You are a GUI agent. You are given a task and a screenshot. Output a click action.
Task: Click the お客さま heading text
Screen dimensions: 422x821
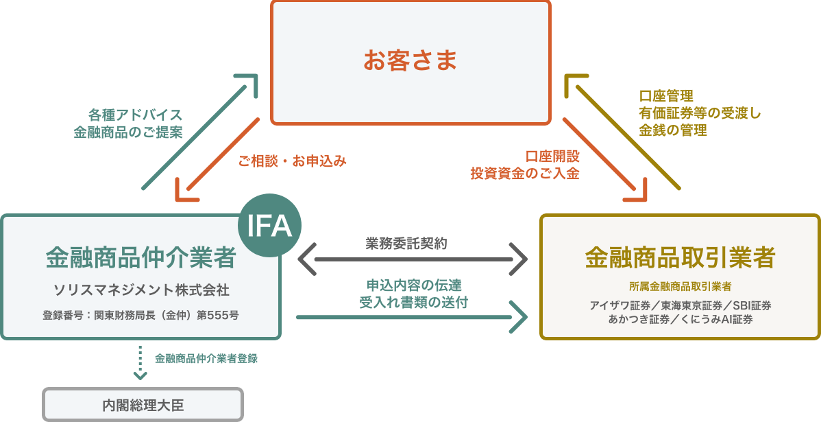(410, 61)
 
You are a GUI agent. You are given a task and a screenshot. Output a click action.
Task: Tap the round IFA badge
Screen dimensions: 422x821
(270, 226)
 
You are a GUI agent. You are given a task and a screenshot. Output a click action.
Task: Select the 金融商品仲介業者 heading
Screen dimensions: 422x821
(140, 258)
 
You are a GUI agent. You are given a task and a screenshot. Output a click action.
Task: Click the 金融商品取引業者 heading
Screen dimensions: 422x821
(680, 258)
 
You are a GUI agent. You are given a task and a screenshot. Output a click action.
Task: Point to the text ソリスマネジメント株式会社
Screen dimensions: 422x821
(141, 290)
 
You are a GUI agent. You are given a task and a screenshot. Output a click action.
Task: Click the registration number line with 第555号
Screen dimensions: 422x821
(140, 316)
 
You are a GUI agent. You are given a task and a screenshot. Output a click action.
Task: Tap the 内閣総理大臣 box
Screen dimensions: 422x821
(143, 405)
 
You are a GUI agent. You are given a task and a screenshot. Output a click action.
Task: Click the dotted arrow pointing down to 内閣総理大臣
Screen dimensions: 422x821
(140, 363)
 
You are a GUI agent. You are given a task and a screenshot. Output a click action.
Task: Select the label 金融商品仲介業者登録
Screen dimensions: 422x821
(206, 358)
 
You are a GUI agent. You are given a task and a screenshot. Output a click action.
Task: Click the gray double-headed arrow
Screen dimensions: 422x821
(413, 259)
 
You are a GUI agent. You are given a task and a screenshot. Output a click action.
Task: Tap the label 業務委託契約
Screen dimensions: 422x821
(406, 243)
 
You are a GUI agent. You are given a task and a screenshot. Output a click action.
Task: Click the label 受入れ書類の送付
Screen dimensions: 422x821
(414, 302)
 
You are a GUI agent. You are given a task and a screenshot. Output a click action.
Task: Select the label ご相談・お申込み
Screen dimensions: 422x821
(293, 162)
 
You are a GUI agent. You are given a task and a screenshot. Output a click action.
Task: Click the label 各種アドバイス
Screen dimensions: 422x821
(136, 114)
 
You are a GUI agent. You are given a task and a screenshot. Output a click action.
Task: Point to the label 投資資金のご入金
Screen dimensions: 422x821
(525, 174)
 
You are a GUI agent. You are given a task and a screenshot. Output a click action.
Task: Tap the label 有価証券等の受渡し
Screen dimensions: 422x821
(700, 113)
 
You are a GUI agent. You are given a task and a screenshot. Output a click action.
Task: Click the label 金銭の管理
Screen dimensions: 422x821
(673, 129)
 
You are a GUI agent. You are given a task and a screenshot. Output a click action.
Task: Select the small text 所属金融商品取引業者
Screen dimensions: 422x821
(680, 286)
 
